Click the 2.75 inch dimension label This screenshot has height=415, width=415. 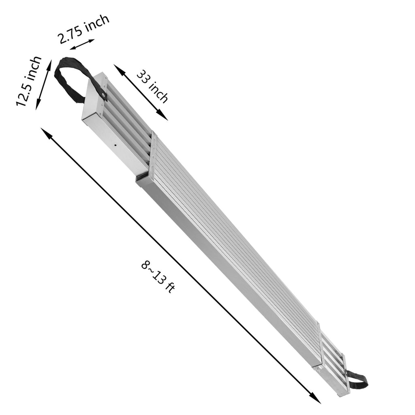[x=83, y=29]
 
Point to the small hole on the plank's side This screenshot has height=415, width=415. [x=116, y=145]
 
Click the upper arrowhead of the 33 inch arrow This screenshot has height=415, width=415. [x=119, y=69]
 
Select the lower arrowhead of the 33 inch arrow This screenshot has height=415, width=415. [x=162, y=115]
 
